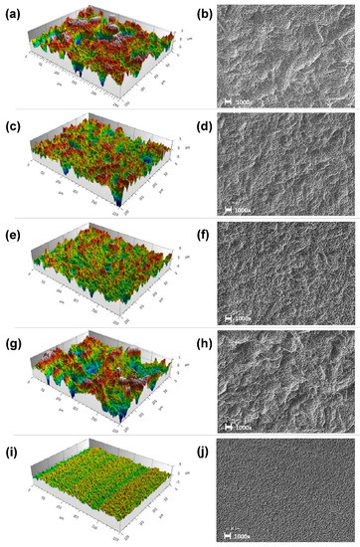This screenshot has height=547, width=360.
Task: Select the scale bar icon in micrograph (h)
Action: pyautogui.click(x=230, y=427)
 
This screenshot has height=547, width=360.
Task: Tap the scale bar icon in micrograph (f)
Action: pyautogui.click(x=230, y=318)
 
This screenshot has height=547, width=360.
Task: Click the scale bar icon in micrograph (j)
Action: pyautogui.click(x=230, y=534)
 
